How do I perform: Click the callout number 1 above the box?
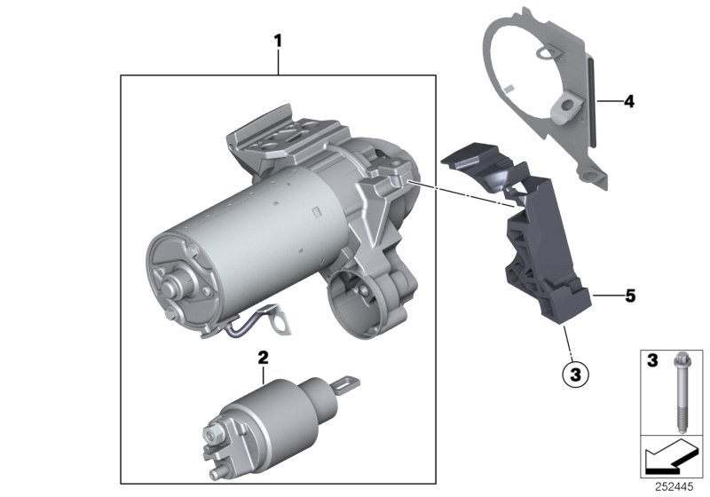point(278,41)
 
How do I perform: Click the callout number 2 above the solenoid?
point(263,358)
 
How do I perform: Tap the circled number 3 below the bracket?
point(575,375)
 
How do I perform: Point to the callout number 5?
point(630,296)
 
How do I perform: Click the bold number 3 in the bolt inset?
point(652,360)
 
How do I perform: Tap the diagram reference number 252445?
point(674,487)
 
